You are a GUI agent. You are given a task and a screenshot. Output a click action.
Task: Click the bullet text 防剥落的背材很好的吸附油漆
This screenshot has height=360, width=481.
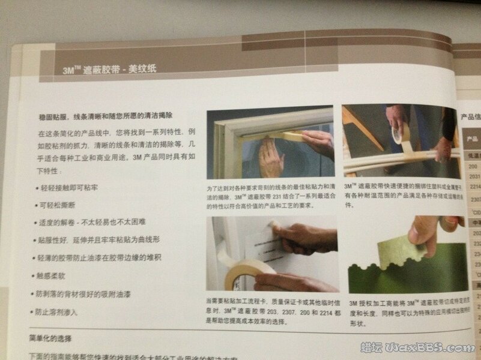tap(90, 295)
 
